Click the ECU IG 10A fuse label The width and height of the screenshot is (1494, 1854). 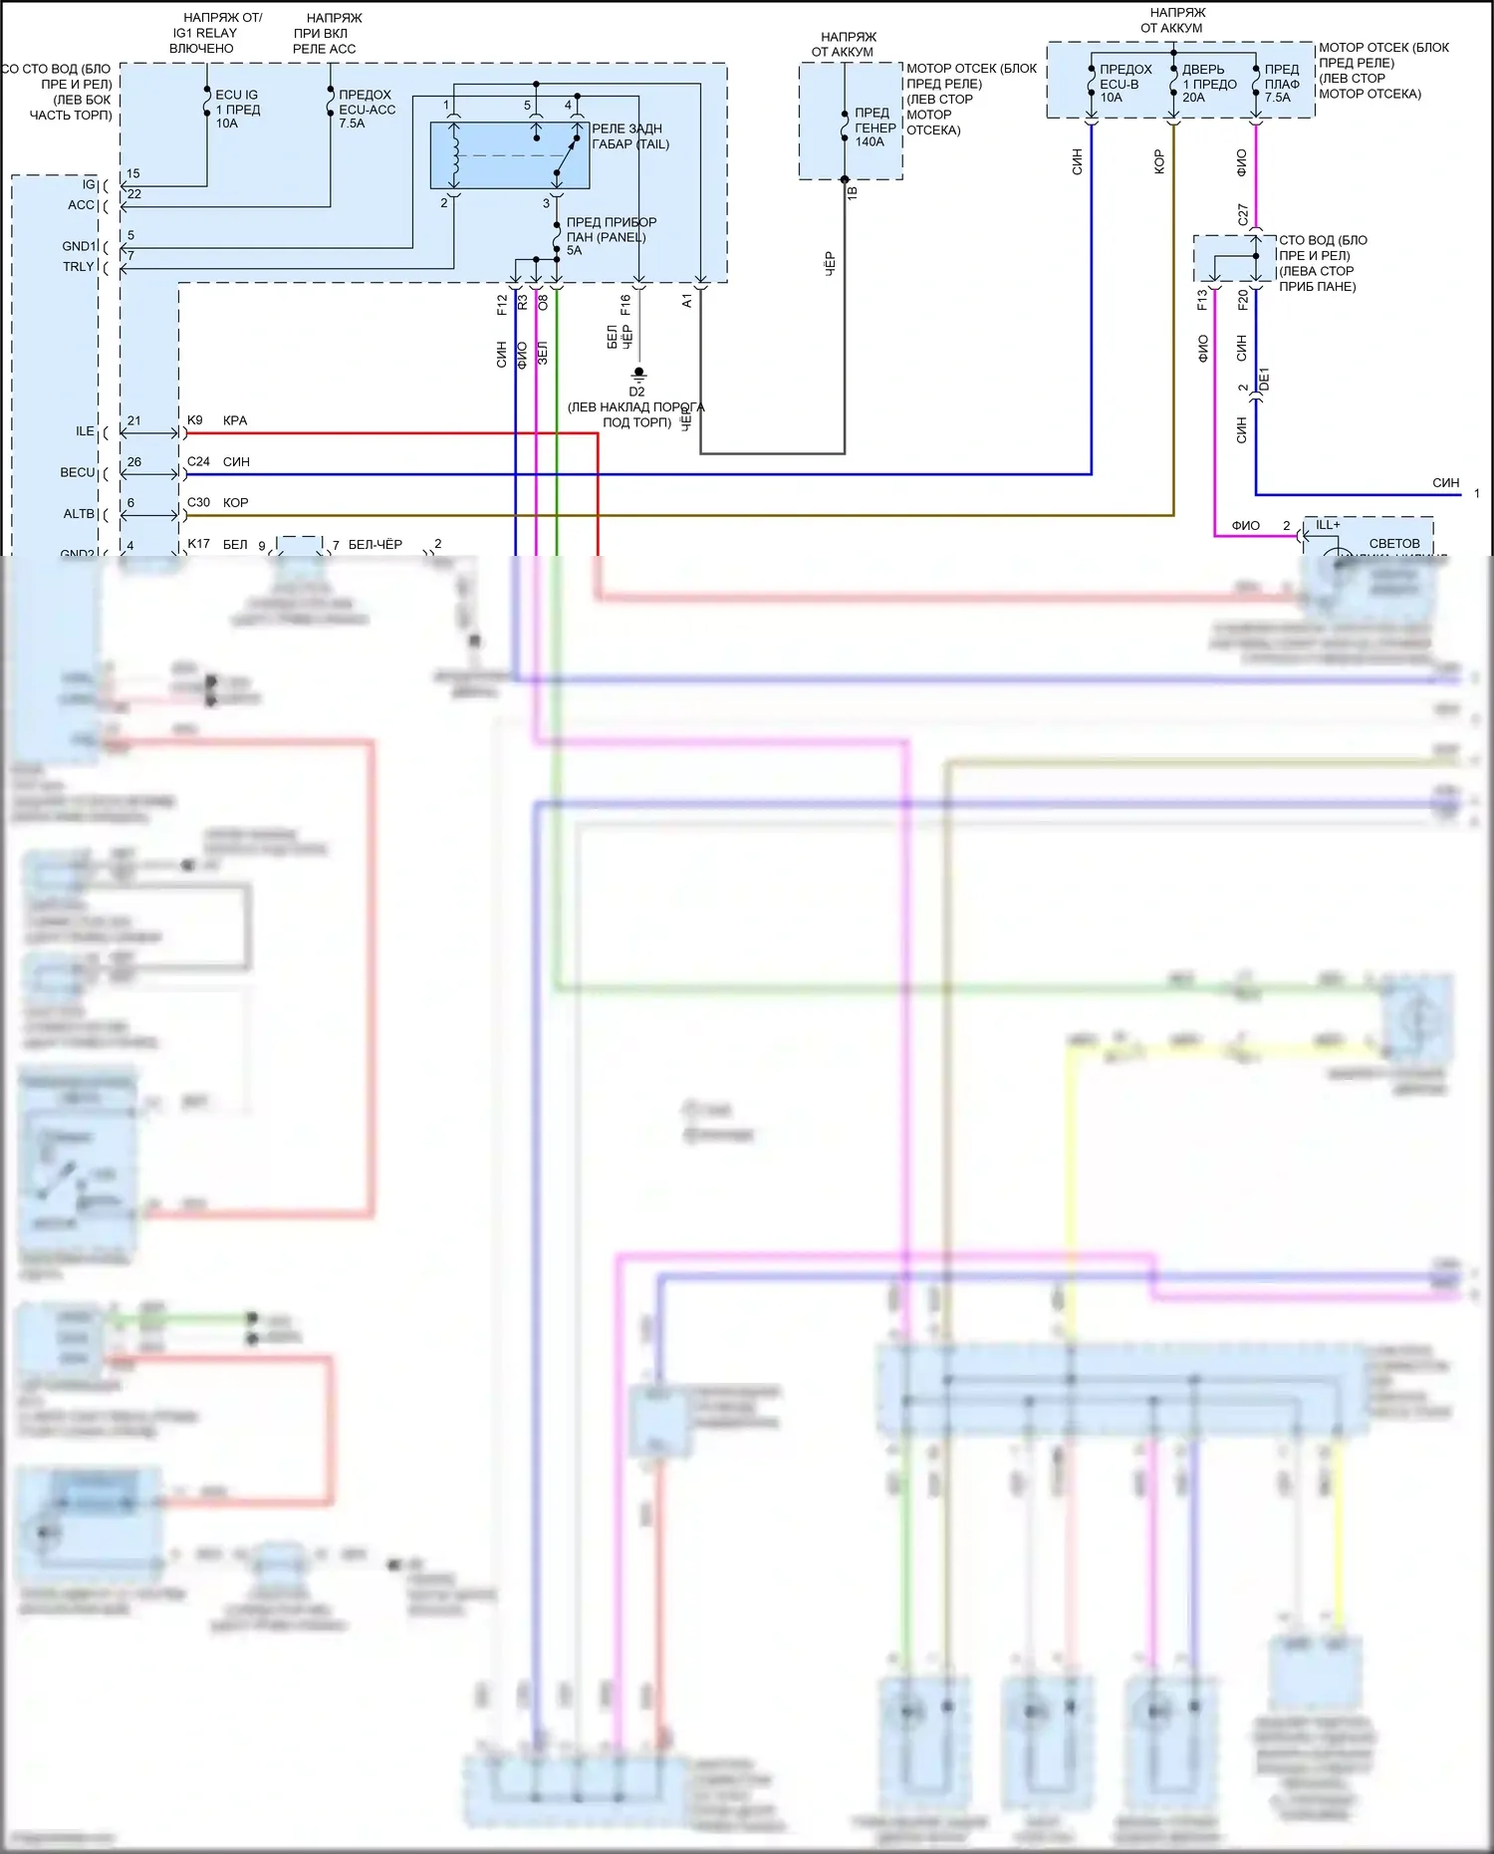[237, 109]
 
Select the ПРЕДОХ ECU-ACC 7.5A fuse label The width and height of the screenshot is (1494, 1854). [367, 109]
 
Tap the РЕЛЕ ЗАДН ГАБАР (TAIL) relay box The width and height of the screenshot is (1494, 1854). [509, 155]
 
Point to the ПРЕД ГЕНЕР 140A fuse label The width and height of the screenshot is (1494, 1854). [874, 128]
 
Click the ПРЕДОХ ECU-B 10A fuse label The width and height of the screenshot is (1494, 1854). [1124, 84]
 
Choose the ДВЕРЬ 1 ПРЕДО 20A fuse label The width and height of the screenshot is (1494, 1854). [1208, 84]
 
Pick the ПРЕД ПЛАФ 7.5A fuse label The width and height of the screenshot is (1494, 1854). [1282, 84]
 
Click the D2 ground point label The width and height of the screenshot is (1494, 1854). [636, 392]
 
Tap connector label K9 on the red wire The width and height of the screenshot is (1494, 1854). [195, 420]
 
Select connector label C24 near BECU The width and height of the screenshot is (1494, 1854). [198, 461]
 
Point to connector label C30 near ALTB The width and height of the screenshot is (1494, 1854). [198, 502]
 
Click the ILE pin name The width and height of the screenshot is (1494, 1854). [85, 431]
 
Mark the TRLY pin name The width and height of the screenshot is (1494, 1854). [78, 267]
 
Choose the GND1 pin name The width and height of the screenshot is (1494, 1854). [79, 246]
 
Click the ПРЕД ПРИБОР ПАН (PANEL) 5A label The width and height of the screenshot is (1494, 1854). [611, 236]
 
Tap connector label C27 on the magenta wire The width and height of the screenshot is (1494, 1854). [1243, 214]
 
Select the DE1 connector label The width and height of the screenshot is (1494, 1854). [1264, 379]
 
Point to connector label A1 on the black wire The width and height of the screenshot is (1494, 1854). [687, 300]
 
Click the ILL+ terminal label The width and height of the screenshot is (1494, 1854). [1328, 525]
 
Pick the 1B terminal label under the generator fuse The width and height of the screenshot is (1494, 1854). [852, 192]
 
